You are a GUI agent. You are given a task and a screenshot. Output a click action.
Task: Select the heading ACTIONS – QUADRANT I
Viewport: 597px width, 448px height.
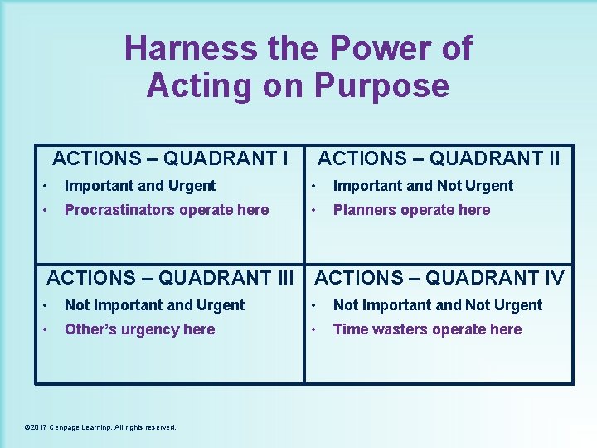171,158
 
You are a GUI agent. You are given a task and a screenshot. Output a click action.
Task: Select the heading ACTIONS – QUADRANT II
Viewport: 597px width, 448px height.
439,158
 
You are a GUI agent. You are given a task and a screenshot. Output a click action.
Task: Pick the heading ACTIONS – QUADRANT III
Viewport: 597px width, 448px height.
171,277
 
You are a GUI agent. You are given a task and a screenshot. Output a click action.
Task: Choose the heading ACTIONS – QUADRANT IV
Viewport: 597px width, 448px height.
439,277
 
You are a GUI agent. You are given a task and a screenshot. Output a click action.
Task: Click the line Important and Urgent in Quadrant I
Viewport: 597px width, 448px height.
139,186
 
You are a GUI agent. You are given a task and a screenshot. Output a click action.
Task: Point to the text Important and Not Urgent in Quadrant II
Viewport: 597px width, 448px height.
423,186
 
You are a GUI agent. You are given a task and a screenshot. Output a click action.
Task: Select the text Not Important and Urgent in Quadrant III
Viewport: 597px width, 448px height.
154,305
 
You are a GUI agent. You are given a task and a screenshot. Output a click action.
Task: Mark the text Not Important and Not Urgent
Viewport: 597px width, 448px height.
437,305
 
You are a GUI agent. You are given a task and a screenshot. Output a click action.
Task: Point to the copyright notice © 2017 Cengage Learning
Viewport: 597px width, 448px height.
100,427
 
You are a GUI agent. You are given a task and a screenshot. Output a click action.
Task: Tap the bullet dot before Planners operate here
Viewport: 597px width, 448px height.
313,210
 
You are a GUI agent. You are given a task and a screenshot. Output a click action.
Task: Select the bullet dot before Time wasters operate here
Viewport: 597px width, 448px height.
313,329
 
